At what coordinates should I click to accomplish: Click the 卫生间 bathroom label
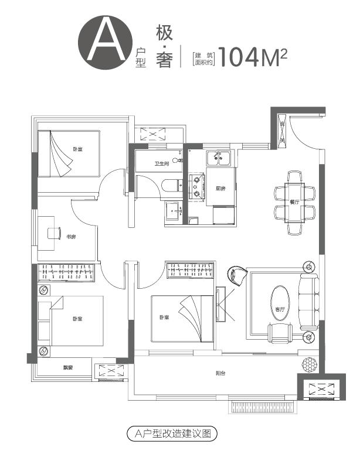click(x=162, y=164)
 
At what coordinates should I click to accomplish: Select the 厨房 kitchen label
click(x=220, y=189)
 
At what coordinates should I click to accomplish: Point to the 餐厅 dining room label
click(x=294, y=202)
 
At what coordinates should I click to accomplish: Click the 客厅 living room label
click(x=280, y=309)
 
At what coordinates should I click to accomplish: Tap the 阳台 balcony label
click(x=220, y=373)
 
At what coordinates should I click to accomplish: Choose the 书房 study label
click(x=71, y=237)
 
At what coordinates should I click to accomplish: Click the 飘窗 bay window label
click(x=68, y=367)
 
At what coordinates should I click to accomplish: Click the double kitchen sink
click(x=219, y=159)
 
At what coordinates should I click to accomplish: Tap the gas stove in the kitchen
click(x=196, y=187)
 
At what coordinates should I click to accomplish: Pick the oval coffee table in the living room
click(x=280, y=303)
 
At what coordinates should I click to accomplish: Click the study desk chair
click(x=54, y=233)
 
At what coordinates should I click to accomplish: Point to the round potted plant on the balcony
click(x=310, y=364)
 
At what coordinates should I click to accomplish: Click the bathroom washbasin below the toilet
click(x=174, y=211)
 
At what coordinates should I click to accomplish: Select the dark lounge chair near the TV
click(x=237, y=274)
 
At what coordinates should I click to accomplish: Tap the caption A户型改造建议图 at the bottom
click(x=172, y=433)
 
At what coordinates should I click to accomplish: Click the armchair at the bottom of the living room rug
click(x=280, y=333)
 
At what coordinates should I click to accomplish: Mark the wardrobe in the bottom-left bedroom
click(x=66, y=272)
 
